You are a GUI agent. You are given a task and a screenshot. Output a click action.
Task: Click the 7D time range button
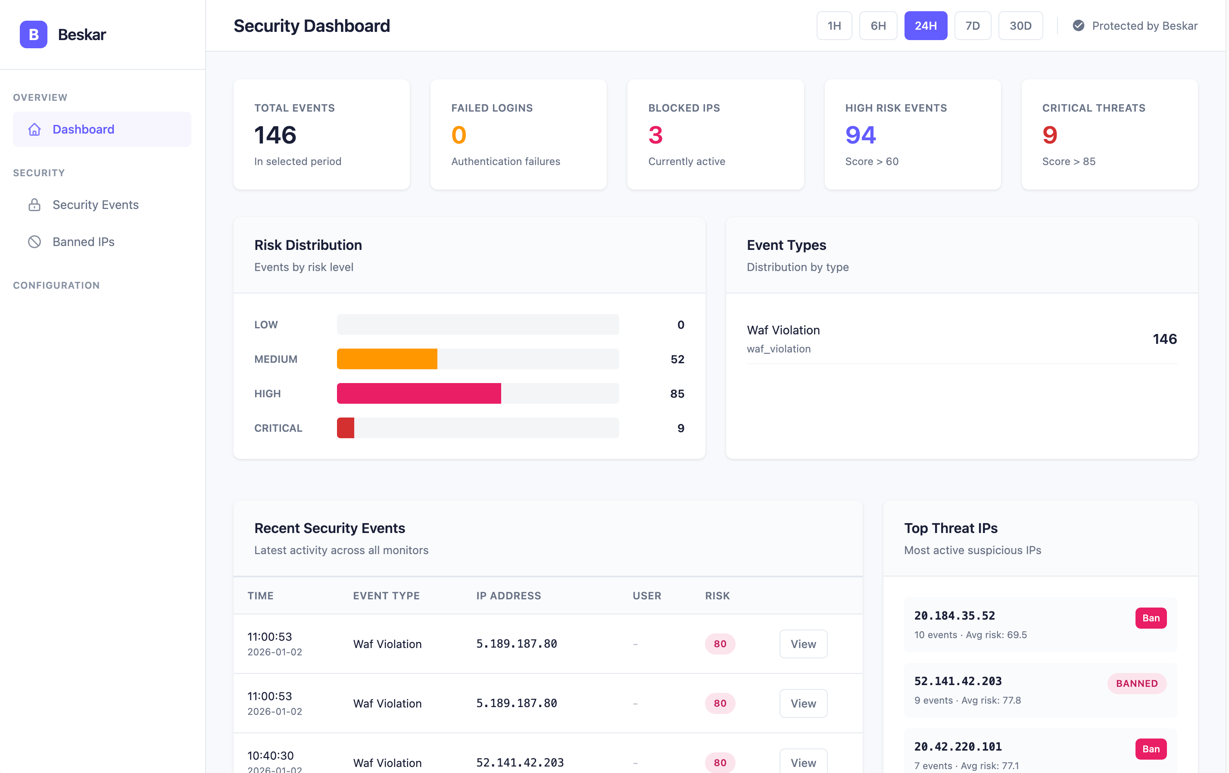[972, 25]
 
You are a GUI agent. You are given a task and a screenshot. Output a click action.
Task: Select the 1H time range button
[834, 25]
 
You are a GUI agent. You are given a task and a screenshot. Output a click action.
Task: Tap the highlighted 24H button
[925, 25]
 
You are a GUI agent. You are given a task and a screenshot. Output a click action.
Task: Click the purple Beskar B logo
[34, 34]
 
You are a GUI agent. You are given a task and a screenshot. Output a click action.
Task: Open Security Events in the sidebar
[95, 205]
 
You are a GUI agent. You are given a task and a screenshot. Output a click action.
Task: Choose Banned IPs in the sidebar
[83, 242]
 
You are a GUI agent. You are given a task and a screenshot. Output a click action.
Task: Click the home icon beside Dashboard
[34, 129]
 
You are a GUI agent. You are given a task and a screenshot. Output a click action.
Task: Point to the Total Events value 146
[275, 135]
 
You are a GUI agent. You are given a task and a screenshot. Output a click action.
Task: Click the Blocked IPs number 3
[655, 135]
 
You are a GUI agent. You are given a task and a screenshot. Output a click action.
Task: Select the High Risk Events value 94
[861, 135]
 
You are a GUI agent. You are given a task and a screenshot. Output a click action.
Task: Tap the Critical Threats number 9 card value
[1050, 135]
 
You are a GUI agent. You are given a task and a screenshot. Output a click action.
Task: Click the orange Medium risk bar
[387, 358]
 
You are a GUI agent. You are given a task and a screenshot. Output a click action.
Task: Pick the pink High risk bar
[418, 393]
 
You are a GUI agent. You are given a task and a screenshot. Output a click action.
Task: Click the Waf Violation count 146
[1164, 339]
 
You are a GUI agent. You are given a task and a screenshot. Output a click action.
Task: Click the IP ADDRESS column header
[508, 595]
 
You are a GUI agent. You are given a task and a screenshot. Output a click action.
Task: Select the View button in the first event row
[803, 644]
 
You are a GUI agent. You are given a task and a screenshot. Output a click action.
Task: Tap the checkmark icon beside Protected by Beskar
[1079, 25]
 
